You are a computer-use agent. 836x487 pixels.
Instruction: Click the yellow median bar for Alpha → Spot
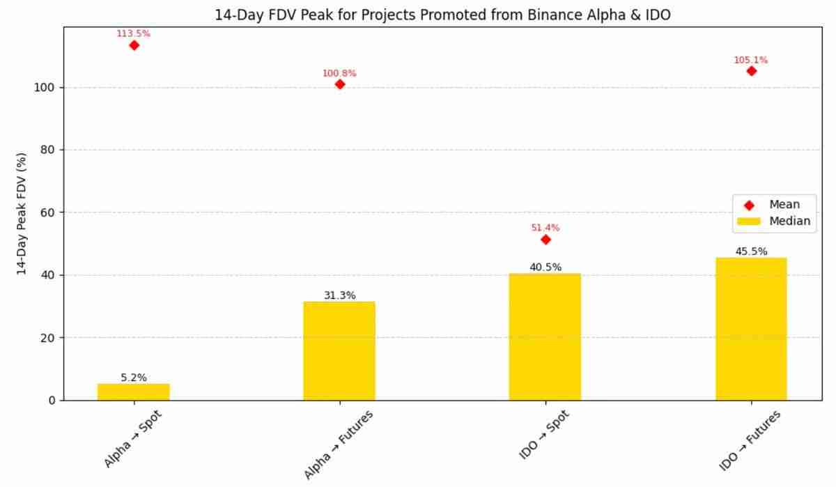click(x=133, y=392)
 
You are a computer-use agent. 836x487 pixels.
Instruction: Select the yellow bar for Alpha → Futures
click(x=339, y=350)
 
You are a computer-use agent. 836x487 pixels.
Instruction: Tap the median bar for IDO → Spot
click(x=545, y=337)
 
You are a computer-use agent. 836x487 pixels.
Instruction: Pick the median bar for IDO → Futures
click(x=751, y=329)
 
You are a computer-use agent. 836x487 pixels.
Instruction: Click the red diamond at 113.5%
click(x=134, y=45)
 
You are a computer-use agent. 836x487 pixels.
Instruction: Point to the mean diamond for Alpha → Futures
click(x=339, y=84)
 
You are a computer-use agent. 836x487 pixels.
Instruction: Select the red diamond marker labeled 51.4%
click(x=545, y=240)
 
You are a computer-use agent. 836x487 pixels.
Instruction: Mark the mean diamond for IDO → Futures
click(x=751, y=71)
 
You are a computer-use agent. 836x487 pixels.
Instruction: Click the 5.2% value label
click(x=134, y=378)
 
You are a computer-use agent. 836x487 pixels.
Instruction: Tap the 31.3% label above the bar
click(x=339, y=295)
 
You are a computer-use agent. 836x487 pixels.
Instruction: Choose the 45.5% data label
click(x=751, y=252)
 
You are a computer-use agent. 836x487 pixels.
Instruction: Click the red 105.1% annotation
click(x=750, y=60)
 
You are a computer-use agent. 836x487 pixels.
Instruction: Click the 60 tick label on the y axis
click(x=47, y=212)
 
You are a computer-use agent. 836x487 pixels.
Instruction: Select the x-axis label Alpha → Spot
click(x=132, y=439)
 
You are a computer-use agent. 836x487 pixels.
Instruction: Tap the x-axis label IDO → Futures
click(x=750, y=440)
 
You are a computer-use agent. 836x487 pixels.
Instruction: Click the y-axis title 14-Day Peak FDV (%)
click(x=22, y=213)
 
